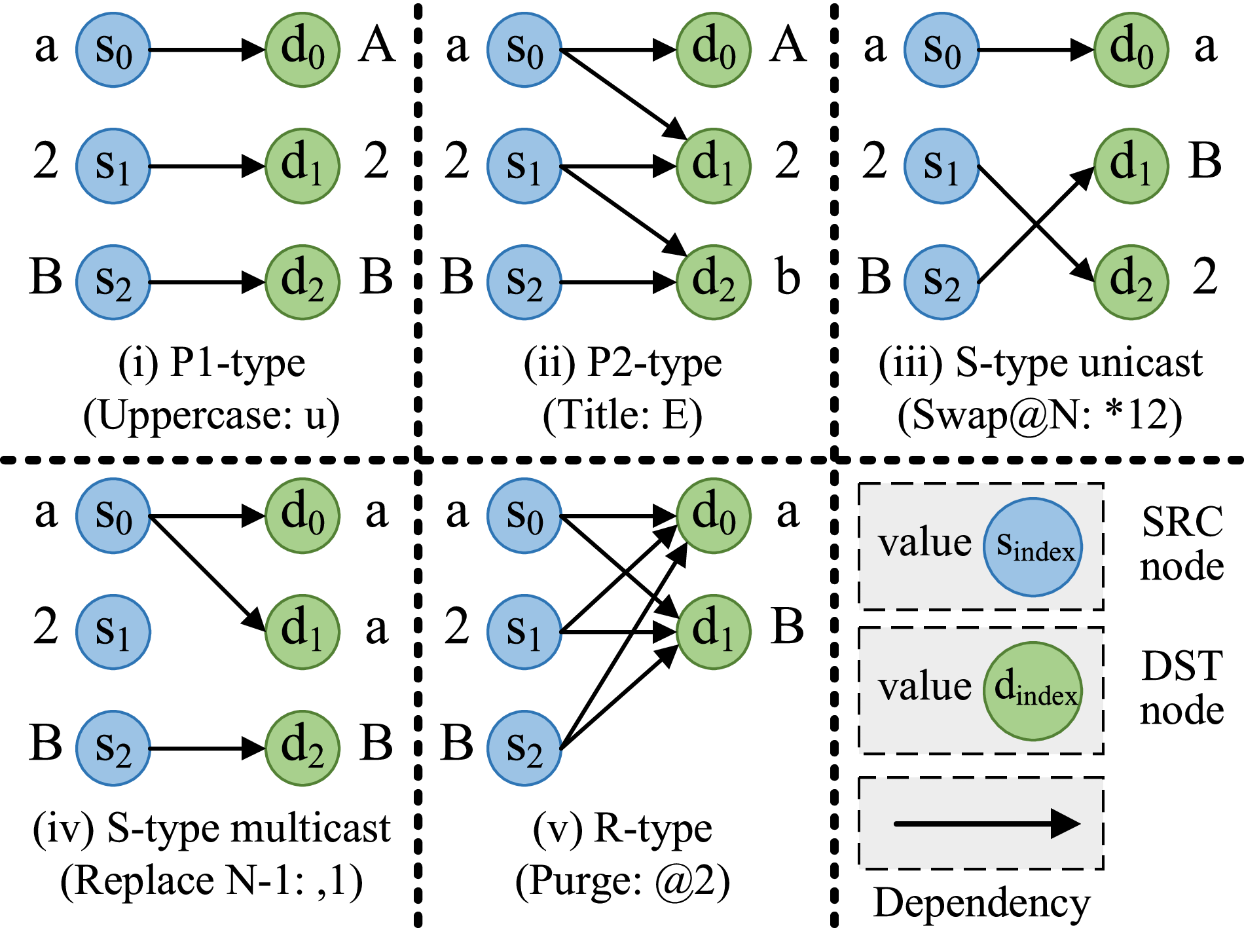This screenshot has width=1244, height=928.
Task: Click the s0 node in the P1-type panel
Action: click(113, 50)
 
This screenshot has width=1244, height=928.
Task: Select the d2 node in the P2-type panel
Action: click(713, 282)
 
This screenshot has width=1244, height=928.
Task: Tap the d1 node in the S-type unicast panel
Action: click(1131, 166)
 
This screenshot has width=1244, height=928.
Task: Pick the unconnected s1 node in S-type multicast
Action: click(113, 632)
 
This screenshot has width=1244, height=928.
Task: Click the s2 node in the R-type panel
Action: click(524, 749)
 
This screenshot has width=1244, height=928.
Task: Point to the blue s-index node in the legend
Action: click(1033, 547)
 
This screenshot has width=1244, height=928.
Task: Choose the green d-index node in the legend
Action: click(1033, 691)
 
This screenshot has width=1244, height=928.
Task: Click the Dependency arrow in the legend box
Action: click(985, 823)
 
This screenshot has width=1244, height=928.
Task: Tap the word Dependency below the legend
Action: click(981, 904)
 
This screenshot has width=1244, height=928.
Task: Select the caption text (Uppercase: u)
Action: click(211, 416)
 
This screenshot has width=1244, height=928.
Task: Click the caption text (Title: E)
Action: click(622, 416)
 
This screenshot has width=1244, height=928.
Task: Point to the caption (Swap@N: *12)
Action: click(1039, 416)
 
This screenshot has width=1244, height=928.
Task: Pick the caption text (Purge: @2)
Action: click(622, 882)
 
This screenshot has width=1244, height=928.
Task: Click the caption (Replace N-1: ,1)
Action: click(211, 882)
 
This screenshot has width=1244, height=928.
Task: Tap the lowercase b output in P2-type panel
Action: click(788, 278)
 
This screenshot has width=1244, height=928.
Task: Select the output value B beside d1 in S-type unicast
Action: click(1205, 161)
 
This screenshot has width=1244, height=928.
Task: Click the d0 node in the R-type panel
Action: click(713, 515)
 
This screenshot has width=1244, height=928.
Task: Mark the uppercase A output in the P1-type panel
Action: click(376, 46)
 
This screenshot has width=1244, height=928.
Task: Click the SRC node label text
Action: click(1182, 544)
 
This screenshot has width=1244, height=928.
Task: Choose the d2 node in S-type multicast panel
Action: click(302, 749)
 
